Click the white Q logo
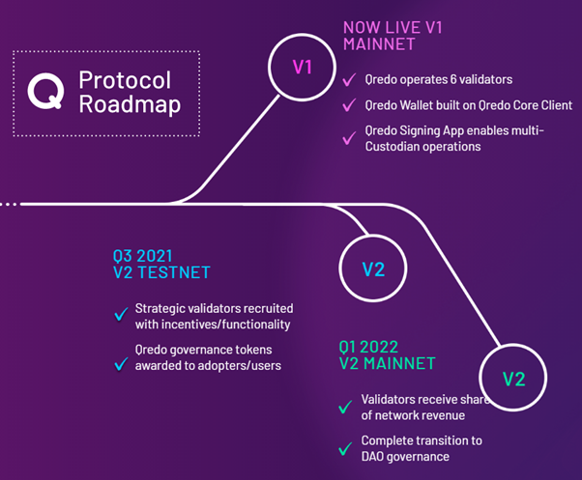45,91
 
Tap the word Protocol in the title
125,80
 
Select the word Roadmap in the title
130,104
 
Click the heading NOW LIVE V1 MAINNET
393,36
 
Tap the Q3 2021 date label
142,256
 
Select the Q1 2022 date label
368,348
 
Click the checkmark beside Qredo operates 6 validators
349,79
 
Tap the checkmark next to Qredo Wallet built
349,105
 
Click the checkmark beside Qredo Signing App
349,138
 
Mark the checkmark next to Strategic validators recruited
121,314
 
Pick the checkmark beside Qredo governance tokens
121,364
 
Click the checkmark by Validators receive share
345,407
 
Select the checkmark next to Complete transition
345,448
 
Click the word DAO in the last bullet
372,457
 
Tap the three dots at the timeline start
9,204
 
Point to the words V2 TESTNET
161,272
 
